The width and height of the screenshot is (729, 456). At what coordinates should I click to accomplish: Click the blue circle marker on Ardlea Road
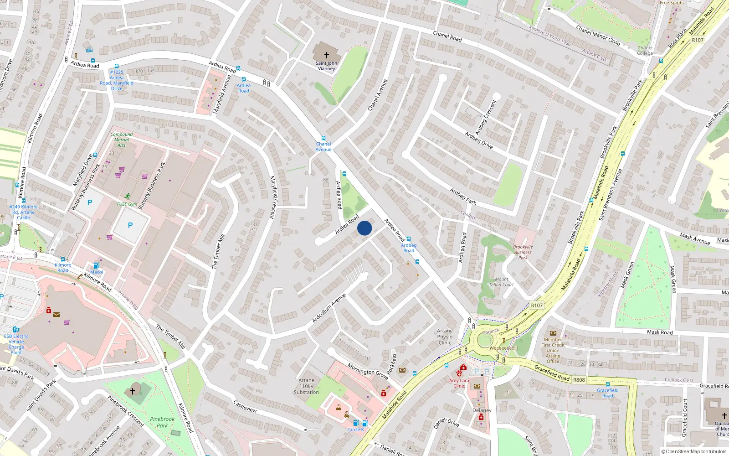click(364, 228)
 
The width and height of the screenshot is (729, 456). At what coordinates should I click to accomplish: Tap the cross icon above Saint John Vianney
click(326, 55)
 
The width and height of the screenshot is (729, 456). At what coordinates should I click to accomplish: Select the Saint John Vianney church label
click(326, 66)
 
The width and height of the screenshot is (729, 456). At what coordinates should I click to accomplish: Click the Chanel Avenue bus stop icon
click(323, 138)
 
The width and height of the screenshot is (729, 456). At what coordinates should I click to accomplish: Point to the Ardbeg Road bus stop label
click(409, 248)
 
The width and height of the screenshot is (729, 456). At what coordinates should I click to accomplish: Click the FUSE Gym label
click(127, 204)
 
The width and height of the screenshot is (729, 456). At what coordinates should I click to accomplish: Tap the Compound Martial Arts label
click(121, 140)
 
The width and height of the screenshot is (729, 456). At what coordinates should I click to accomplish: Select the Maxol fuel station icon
click(96, 265)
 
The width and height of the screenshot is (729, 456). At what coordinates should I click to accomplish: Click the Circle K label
click(356, 430)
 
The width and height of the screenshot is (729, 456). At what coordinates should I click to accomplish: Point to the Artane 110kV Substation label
click(306, 386)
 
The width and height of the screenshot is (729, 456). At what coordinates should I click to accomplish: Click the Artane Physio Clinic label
click(445, 337)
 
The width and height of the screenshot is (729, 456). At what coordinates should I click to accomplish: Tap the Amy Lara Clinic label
click(459, 383)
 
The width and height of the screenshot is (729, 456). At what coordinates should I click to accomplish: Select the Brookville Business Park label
click(523, 252)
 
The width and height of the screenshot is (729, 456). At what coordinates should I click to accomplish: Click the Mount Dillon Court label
click(501, 282)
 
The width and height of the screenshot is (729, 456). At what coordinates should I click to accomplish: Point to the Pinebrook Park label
click(162, 422)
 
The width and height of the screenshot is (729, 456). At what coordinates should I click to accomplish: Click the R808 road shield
click(579, 379)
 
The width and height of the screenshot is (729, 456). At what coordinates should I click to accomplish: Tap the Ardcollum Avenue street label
click(329, 309)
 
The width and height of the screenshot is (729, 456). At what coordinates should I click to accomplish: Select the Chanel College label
click(645, 51)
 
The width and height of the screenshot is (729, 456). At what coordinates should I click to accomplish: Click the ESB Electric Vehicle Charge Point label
click(16, 344)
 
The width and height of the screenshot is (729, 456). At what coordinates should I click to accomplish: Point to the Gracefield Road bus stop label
click(608, 393)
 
